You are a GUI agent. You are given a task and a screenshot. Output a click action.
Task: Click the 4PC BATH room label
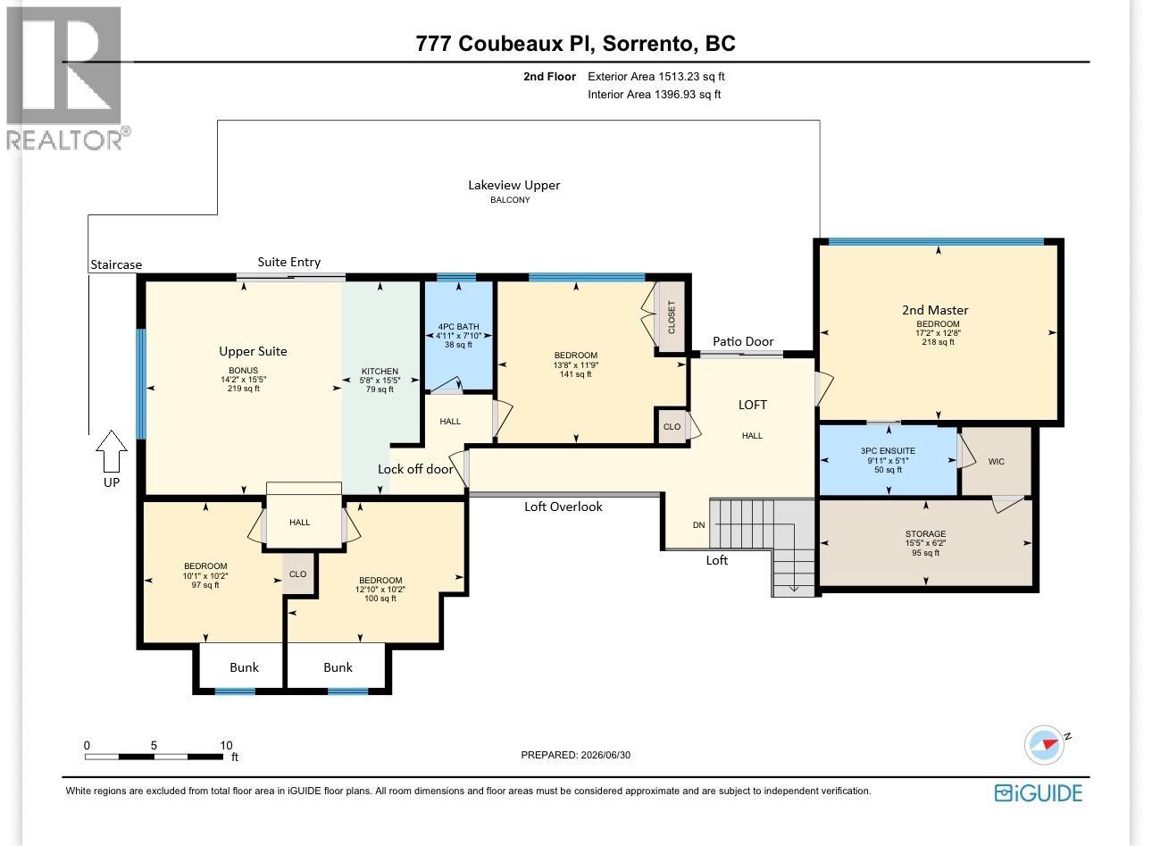(458, 327)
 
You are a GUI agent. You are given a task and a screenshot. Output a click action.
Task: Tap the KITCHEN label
(380, 372)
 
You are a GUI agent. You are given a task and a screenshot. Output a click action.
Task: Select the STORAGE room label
(926, 534)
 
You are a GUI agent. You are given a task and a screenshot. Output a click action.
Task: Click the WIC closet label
(997, 462)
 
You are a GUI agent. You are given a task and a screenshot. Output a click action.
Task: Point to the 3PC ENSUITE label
(889, 451)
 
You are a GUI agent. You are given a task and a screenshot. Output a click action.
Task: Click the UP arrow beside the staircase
(112, 451)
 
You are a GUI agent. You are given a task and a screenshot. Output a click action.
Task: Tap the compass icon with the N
(1045, 745)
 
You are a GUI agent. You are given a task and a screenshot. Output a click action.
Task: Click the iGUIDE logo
(1039, 793)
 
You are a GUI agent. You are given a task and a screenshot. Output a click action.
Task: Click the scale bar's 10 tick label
(226, 745)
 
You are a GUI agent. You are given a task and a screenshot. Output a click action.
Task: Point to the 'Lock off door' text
(415, 469)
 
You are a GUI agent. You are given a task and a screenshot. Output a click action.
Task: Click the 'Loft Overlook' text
(563, 507)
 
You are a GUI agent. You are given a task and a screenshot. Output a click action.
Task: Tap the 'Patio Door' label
(743, 341)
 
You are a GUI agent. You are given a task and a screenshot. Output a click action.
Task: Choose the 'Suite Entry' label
(289, 263)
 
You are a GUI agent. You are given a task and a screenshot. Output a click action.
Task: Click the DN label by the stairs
(699, 525)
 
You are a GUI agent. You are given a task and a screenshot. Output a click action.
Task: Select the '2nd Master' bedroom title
(935, 310)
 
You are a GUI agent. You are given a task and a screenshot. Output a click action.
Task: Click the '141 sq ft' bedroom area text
(575, 374)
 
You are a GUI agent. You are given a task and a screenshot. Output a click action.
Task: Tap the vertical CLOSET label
(672, 317)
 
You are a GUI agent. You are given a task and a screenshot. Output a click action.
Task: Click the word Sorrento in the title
(647, 44)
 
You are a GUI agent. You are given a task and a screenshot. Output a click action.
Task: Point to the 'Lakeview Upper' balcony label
(513, 185)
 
